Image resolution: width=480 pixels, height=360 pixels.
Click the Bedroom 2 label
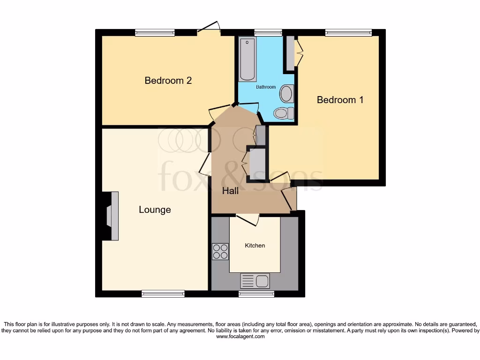click(x=168, y=81)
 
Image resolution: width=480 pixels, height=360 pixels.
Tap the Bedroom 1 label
click(x=340, y=100)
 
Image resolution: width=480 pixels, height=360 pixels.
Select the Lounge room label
click(x=155, y=210)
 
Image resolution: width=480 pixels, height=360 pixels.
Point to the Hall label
click(x=230, y=191)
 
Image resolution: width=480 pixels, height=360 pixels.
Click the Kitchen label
click(x=255, y=246)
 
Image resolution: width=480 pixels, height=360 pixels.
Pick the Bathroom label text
click(x=265, y=87)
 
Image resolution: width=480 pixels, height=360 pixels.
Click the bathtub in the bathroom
click(x=247, y=60)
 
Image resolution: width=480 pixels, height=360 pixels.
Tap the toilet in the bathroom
click(x=283, y=113)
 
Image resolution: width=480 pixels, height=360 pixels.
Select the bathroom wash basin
click(x=286, y=94)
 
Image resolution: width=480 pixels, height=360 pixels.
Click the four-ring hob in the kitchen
click(x=220, y=252)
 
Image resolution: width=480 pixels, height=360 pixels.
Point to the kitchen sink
click(x=255, y=281)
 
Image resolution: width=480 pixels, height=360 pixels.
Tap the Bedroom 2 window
click(x=155, y=32)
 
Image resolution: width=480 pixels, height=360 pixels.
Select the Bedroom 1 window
click(x=348, y=32)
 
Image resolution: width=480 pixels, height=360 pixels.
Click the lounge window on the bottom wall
click(x=163, y=294)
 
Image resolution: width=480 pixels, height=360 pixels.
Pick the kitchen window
click(x=256, y=294)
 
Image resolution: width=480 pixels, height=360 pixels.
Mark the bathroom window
click(x=268, y=32)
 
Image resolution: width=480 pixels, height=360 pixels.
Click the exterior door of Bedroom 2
click(x=209, y=29)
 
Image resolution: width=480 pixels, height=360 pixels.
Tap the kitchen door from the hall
click(x=247, y=218)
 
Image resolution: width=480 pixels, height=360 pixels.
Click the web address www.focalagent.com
click(x=240, y=336)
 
